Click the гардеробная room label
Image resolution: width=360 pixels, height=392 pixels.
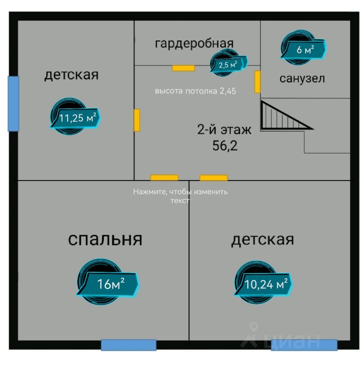coord(194,43)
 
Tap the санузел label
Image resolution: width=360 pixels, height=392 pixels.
coord(302,78)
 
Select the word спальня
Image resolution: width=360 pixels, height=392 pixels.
coord(105,239)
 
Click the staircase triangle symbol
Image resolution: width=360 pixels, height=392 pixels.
coord(282,117)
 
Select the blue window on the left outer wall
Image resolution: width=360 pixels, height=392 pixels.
coord(13,104)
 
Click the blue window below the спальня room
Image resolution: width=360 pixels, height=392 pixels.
coord(129,345)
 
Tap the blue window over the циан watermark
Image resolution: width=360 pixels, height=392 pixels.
coord(304,345)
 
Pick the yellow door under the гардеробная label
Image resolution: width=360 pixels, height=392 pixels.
coord(183,68)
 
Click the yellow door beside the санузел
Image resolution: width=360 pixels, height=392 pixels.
coord(257,82)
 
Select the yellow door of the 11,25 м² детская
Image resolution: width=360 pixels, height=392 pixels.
coord(137,120)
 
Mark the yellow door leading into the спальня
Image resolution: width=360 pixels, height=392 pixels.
coord(164,178)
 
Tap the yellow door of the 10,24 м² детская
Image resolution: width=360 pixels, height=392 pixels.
coord(213,178)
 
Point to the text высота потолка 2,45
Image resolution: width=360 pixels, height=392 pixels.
coord(195,91)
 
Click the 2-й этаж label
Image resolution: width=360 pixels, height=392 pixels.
coord(224,130)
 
